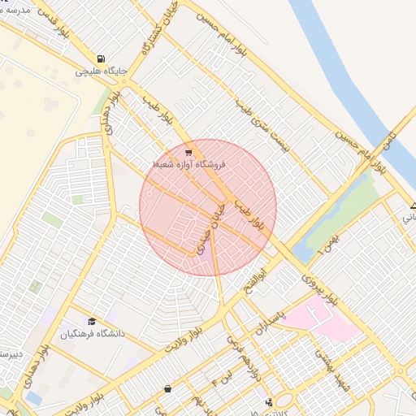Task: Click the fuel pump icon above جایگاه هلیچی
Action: [x=100, y=58]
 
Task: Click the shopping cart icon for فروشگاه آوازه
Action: [x=188, y=152]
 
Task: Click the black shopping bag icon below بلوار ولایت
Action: [x=167, y=389]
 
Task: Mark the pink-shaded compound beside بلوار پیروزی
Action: [x=321, y=318]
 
